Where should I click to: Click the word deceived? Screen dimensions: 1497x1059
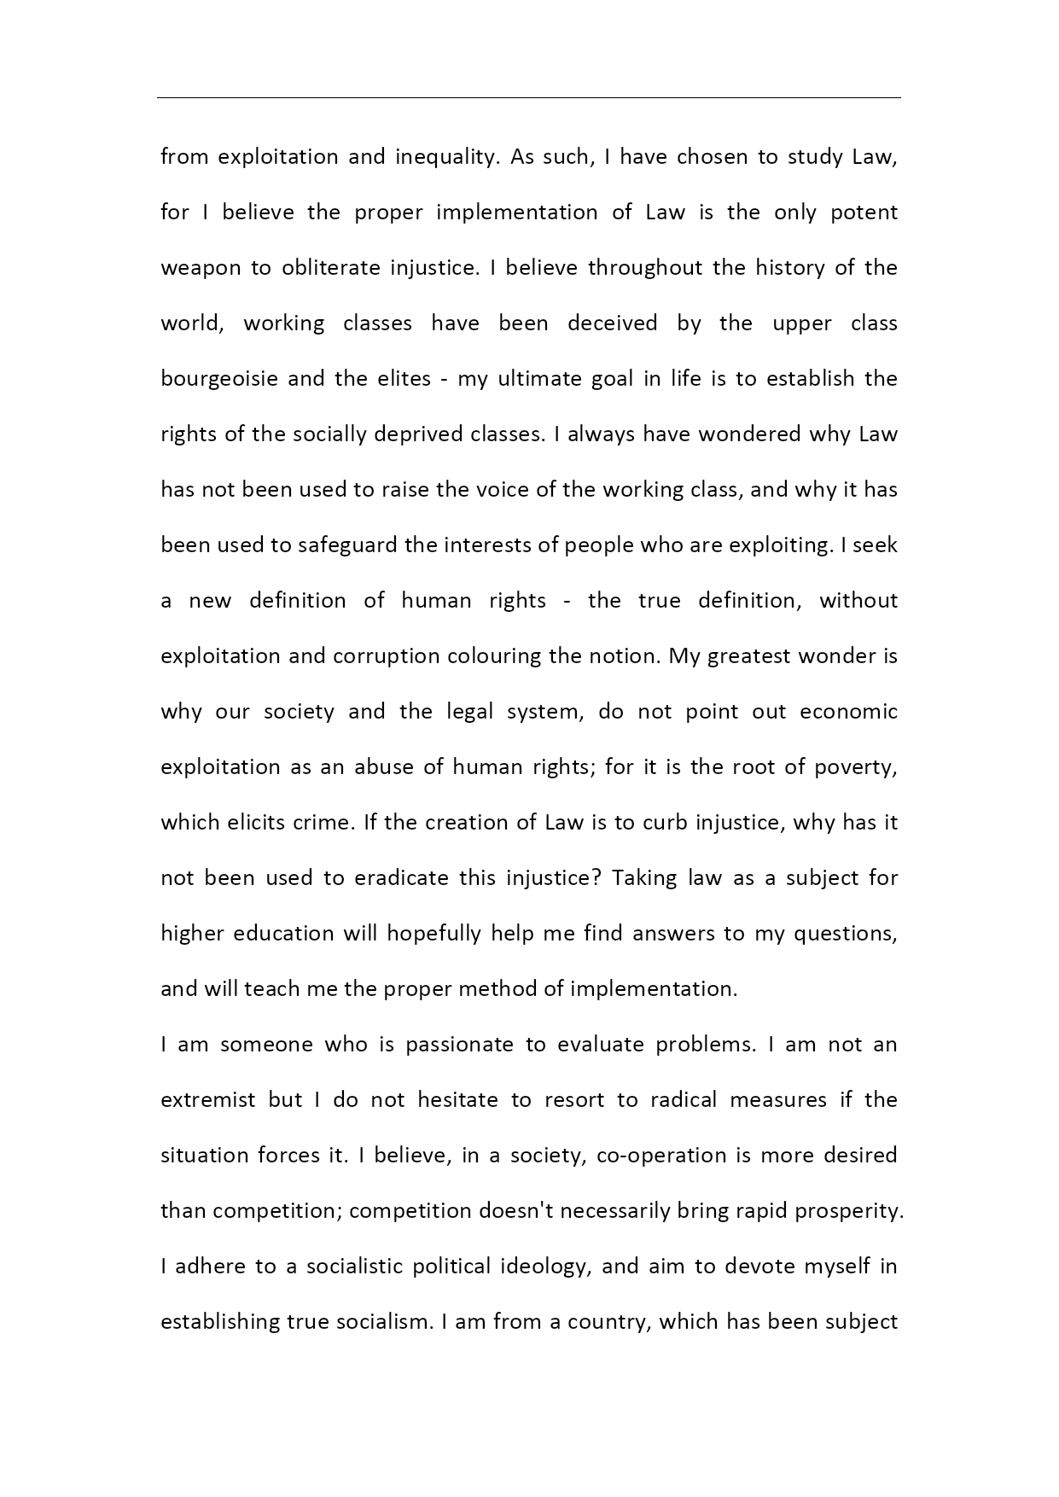613,323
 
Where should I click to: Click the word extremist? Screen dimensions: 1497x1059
208,1100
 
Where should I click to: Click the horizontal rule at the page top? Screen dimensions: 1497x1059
529,98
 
